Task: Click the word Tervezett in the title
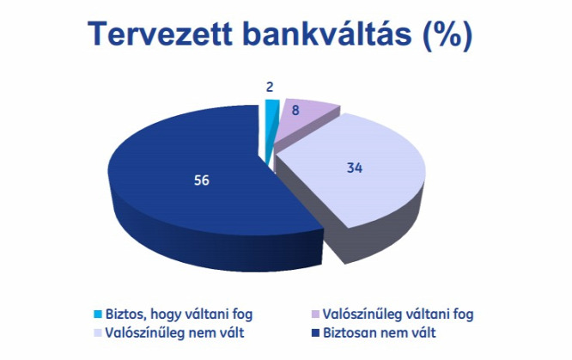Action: click(x=160, y=34)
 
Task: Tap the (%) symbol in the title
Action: click(x=447, y=34)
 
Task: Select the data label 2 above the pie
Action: click(x=270, y=88)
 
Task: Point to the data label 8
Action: click(x=295, y=110)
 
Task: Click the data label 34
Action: click(x=355, y=168)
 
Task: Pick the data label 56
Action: click(x=201, y=180)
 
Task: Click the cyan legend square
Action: click(x=98, y=314)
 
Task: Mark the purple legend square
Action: click(x=315, y=314)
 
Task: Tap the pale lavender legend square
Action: click(x=98, y=333)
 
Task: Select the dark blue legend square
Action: click(x=315, y=333)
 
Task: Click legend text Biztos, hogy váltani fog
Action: click(x=179, y=314)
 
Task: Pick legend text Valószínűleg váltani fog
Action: click(x=398, y=314)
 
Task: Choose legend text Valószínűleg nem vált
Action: click(x=174, y=333)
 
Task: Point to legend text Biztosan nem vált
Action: click(x=380, y=333)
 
